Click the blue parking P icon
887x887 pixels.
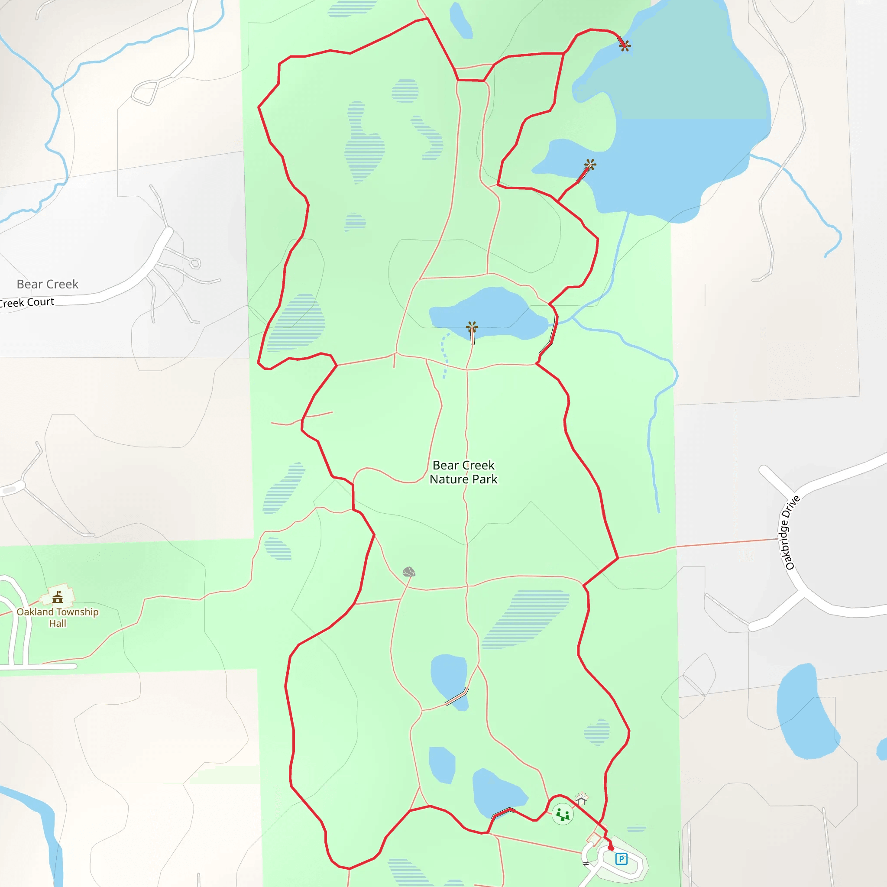click(621, 858)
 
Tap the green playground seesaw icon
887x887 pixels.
click(563, 815)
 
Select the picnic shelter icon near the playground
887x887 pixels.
click(581, 799)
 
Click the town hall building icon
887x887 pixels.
click(58, 597)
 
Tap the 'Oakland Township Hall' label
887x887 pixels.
click(58, 617)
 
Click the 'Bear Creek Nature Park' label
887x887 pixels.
click(463, 472)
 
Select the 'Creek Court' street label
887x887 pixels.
click(28, 303)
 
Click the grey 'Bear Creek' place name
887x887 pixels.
click(47, 284)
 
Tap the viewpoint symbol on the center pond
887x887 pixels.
click(472, 327)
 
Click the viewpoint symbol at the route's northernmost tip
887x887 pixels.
click(625, 45)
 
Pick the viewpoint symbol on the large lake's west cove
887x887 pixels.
click(590, 164)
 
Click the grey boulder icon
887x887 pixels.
click(408, 572)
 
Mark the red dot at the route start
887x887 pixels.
click(611, 848)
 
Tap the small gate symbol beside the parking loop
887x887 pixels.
click(586, 864)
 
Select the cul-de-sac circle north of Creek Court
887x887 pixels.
click(195, 263)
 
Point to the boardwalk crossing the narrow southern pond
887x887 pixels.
click(456, 697)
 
